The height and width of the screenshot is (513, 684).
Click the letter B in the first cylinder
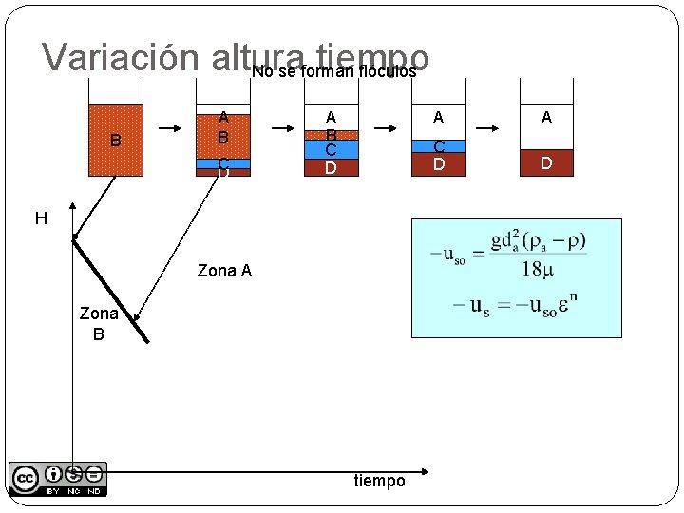click(115, 142)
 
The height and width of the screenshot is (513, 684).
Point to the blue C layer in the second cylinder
click(223, 163)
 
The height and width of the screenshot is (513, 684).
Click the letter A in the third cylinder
click(331, 117)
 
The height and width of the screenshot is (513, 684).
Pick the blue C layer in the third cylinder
click(331, 149)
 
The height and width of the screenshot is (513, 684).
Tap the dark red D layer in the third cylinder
click(331, 168)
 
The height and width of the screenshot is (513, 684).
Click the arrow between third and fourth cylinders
click(384, 127)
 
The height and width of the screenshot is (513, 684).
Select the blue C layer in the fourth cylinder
click(438, 146)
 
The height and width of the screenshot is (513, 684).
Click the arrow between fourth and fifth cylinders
click(490, 127)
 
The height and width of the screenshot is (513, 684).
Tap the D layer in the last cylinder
click(546, 163)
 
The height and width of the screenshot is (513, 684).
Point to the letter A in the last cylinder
click(546, 117)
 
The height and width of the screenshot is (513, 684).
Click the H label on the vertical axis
click(41, 219)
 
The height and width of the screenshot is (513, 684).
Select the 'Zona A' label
click(224, 271)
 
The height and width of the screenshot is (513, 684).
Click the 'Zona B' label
click(99, 323)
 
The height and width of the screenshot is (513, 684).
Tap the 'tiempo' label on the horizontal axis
click(379, 481)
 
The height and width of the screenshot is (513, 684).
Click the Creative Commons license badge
click(58, 479)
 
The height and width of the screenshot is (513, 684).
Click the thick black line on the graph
click(110, 290)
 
